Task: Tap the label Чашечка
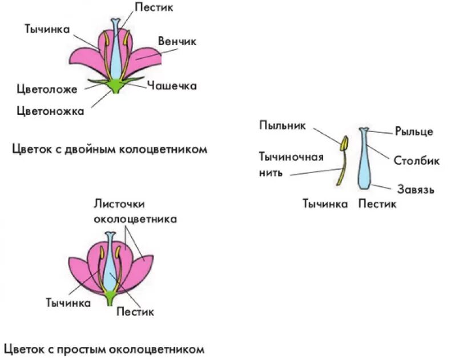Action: tap(171, 86)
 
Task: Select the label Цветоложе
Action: tap(49, 89)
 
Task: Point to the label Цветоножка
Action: tap(50, 111)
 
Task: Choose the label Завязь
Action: tap(415, 189)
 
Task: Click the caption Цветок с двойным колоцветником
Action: tap(109, 149)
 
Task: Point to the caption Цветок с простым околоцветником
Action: tap(104, 349)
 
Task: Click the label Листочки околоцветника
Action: tap(135, 211)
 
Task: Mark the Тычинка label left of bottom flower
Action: tap(68, 303)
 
